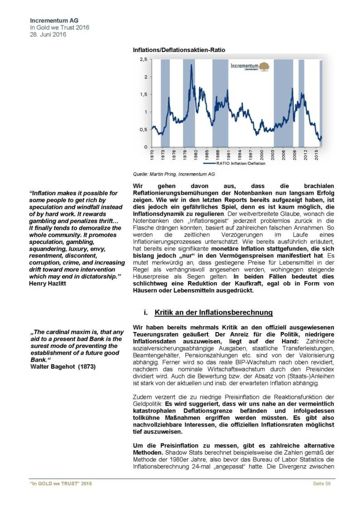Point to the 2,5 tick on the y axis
143,60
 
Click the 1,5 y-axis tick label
143,95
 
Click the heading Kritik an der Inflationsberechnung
213,312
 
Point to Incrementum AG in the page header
51,21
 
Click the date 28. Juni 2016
48,34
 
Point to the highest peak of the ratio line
192,66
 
